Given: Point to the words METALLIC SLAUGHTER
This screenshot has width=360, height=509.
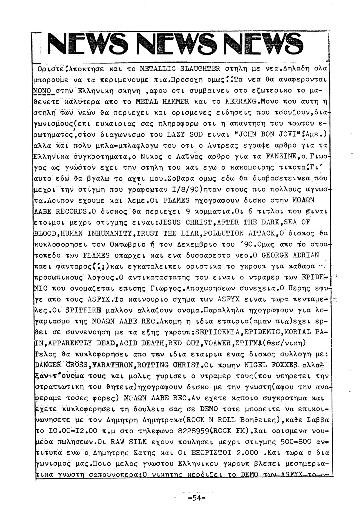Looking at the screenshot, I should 180,69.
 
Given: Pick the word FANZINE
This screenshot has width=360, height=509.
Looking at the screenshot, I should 281,157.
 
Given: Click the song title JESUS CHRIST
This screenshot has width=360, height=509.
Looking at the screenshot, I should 184,222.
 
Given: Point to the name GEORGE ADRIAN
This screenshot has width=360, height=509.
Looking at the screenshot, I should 290,255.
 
